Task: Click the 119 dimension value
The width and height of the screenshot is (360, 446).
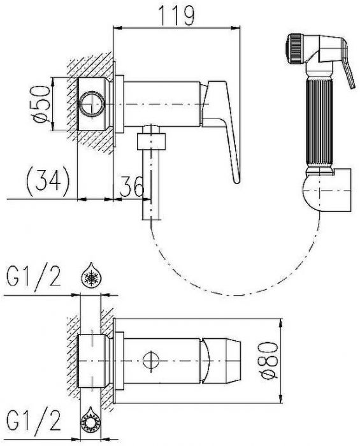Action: coord(176,15)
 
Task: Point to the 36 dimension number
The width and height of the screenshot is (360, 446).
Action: coord(132,186)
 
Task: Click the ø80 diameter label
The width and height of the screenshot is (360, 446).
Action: coord(268,361)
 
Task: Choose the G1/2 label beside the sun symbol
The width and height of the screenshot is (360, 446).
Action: coord(34,421)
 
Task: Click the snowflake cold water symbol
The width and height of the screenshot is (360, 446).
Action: coord(90,275)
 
